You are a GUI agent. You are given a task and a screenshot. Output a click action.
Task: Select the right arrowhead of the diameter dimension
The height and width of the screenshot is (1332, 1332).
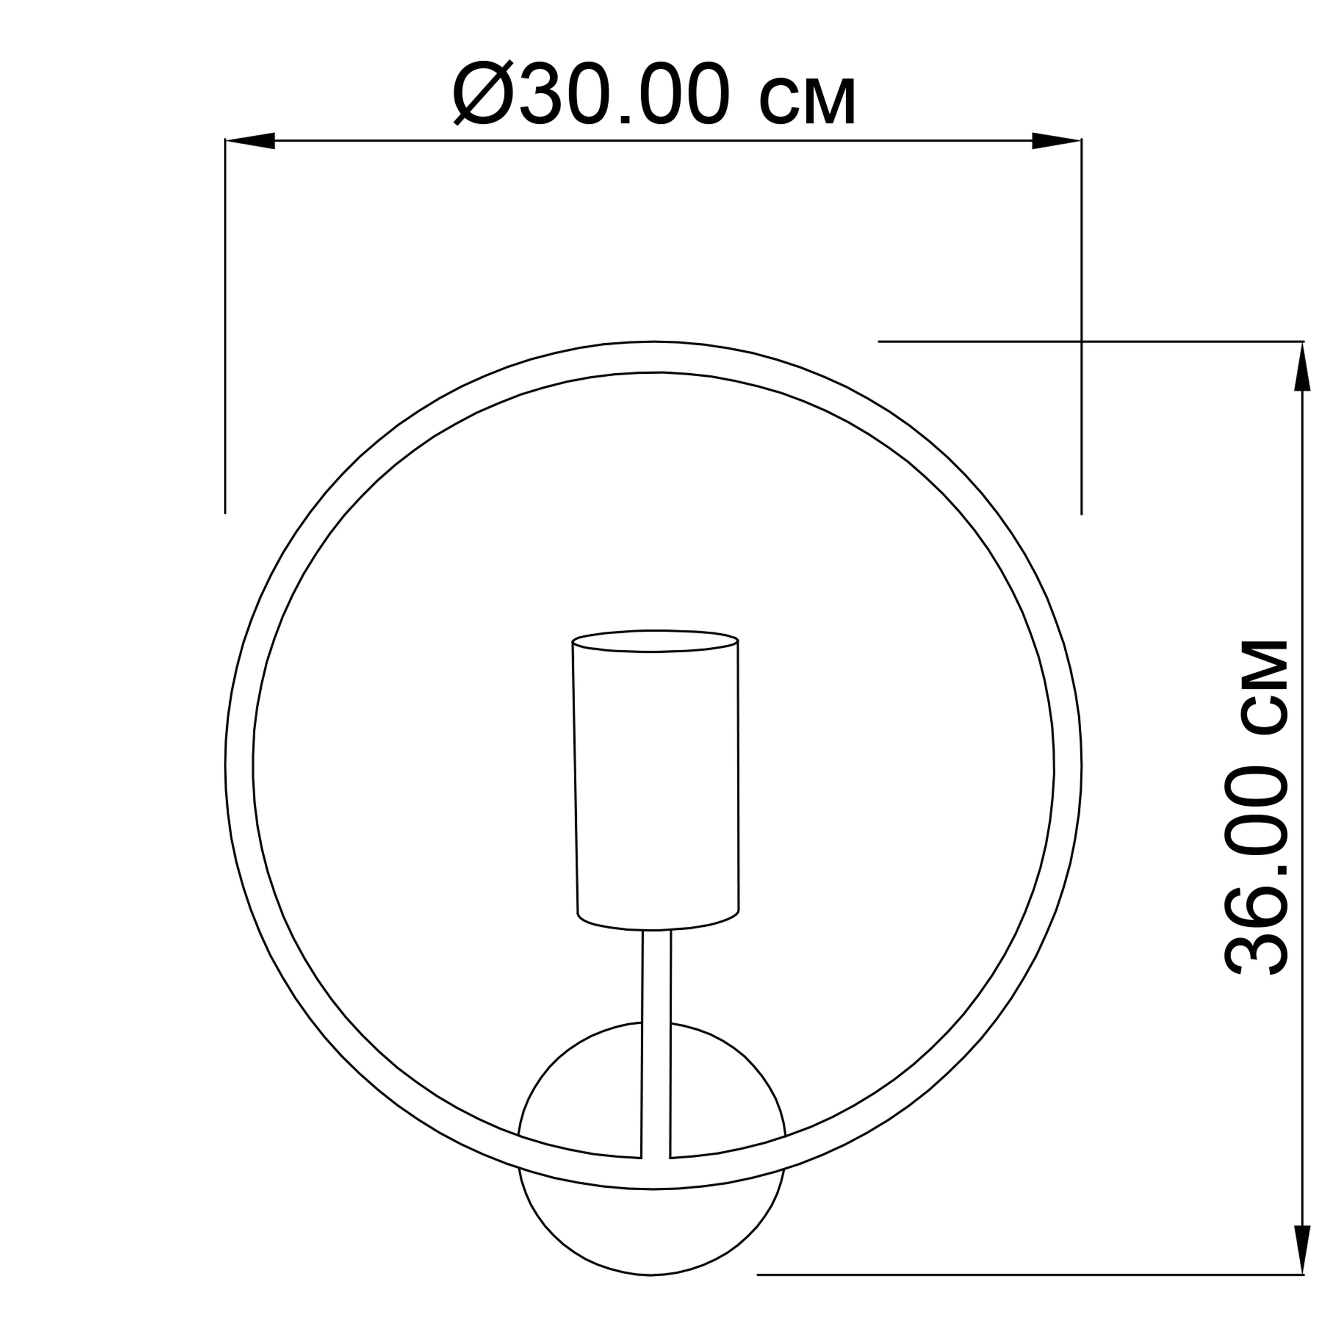coord(1056,141)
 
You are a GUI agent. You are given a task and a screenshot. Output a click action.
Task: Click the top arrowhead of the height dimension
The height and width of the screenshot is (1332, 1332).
coord(1302,367)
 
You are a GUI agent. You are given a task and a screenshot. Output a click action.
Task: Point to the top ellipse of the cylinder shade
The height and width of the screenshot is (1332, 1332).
coord(656,641)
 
